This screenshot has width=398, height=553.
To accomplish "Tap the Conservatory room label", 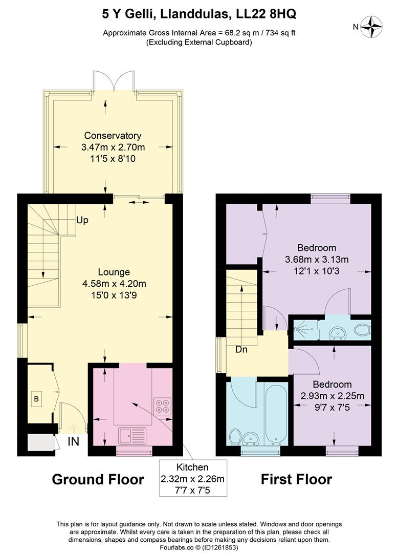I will [x=113, y=136].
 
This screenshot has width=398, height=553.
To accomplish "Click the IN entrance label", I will [x=74, y=441].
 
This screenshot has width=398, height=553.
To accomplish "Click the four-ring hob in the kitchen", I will [x=163, y=406].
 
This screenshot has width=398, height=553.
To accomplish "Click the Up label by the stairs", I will [x=82, y=220].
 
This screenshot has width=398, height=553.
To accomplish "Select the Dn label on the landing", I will [x=242, y=351].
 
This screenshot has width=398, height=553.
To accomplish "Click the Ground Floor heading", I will [x=98, y=479].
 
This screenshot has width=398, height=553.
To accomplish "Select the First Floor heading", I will [x=296, y=479].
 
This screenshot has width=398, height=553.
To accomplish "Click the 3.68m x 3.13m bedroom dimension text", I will [x=317, y=259].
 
